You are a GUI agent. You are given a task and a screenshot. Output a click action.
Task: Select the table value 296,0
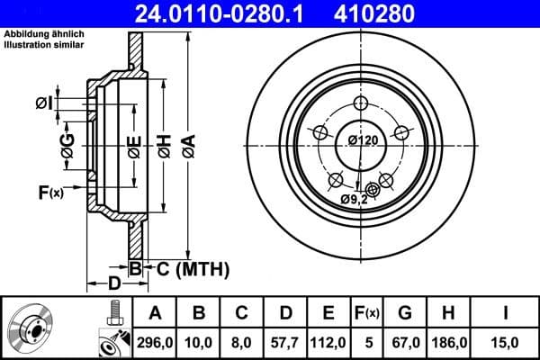[155, 343]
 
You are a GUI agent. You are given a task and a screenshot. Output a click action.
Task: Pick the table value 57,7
[285, 343]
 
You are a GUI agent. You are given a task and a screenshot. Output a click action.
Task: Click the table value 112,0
[329, 343]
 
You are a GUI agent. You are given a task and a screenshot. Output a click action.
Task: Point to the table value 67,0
[406, 343]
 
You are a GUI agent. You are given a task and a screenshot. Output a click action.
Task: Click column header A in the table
[155, 313]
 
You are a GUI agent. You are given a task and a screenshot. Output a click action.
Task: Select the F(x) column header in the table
[369, 313]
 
